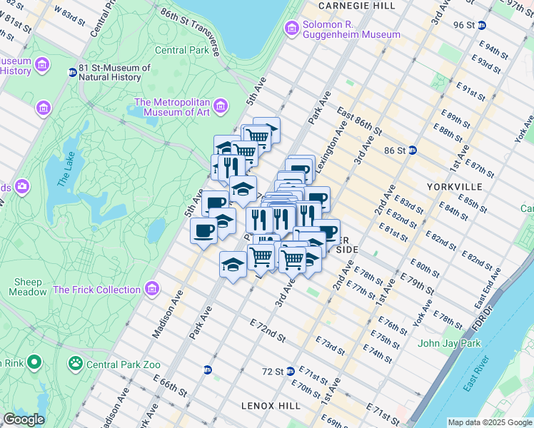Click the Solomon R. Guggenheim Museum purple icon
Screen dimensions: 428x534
292,29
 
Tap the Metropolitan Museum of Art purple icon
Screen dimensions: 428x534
221,106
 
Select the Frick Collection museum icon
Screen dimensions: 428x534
151,289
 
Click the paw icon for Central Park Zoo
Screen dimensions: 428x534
76,365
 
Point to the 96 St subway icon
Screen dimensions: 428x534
482,25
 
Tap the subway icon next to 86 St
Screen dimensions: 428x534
413,151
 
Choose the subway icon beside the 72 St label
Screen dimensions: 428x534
290,372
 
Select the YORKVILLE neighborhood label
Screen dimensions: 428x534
453,187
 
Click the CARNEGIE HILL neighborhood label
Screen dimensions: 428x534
356,6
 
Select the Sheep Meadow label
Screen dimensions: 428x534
25,287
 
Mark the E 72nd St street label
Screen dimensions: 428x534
268,330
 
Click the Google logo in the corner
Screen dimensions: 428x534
24,419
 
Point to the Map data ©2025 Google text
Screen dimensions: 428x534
490,422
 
